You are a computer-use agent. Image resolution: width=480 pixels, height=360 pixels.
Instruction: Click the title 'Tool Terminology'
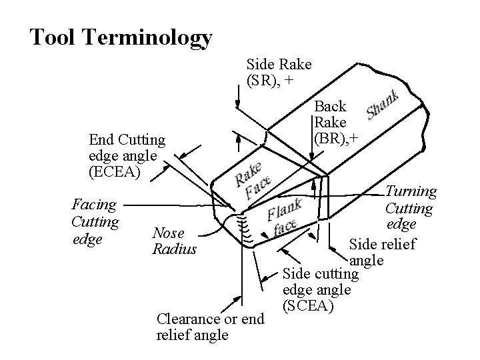(x=121, y=38)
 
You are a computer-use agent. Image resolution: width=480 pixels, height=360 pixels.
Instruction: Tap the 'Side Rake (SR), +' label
(x=279, y=73)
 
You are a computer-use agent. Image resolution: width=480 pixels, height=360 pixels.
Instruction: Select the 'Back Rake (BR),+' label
(x=331, y=123)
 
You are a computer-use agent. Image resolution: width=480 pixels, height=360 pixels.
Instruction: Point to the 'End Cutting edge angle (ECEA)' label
(x=127, y=156)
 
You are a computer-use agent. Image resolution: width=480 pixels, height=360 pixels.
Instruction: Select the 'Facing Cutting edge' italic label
(x=95, y=221)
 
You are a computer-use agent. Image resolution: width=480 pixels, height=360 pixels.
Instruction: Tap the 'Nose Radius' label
(x=175, y=241)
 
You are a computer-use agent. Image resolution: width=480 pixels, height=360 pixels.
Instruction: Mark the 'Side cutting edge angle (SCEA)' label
(x=321, y=290)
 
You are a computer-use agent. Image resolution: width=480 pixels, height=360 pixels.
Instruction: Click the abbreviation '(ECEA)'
(x=114, y=171)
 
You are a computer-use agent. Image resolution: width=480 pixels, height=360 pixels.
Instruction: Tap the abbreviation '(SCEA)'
(x=309, y=306)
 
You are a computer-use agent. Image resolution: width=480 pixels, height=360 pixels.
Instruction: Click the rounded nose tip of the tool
(x=230, y=220)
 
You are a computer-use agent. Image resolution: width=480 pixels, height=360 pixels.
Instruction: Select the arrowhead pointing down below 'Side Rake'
(x=238, y=104)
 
